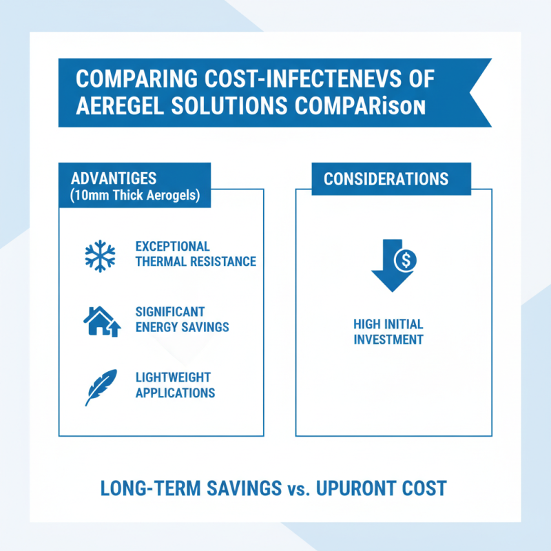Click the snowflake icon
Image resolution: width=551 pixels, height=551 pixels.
tap(100, 256)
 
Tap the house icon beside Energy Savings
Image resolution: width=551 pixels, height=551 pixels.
tap(102, 322)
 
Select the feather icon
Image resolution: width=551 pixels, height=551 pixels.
tap(101, 387)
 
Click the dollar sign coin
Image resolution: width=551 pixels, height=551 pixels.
tap(406, 260)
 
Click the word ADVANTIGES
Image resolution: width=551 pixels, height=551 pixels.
tap(114, 178)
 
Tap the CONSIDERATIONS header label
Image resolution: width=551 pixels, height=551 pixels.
tap(386, 179)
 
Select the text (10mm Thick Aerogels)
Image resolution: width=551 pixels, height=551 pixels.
tap(135, 196)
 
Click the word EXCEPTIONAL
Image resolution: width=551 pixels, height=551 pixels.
tap(173, 247)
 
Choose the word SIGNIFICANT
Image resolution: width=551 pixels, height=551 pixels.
tap(170, 312)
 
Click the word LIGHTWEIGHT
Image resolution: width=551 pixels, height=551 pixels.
tap(173, 377)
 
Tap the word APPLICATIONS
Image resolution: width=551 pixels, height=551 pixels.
tap(176, 393)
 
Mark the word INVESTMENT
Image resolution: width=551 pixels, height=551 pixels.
tap(388, 340)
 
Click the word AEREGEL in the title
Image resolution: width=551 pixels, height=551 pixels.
tap(120, 105)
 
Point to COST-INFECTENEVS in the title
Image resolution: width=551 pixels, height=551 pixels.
tap(302, 79)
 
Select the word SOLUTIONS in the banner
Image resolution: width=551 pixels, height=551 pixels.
tap(229, 105)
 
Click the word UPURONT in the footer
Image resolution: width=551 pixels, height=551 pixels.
tap(356, 488)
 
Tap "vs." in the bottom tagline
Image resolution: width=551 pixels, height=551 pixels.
tap(299, 490)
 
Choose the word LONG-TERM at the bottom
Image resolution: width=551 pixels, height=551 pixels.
tap(150, 488)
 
